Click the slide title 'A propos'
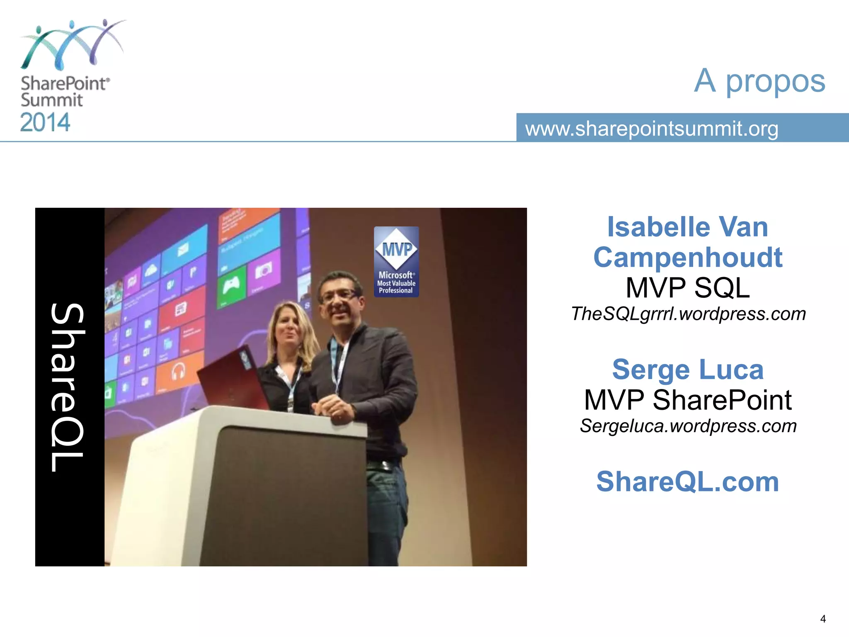pos(759,81)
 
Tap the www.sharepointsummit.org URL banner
pos(652,129)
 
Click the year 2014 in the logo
pos(45,123)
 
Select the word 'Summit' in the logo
pos(52,100)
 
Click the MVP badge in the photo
pos(396,262)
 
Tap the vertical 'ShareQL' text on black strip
pos(68,387)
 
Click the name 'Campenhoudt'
pos(688,258)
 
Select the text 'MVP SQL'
pos(688,288)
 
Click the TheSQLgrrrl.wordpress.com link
pos(688,314)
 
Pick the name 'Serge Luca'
pos(688,370)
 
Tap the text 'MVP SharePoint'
pos(688,400)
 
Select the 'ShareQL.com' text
pos(688,482)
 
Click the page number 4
pos(823,619)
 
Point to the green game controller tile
pos(231,286)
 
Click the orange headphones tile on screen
pos(178,370)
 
